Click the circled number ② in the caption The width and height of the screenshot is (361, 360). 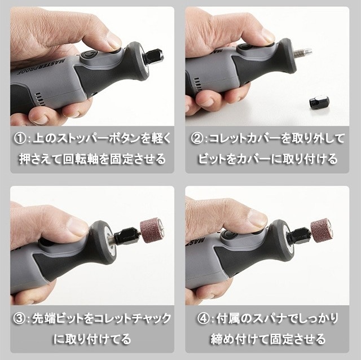point(197,139)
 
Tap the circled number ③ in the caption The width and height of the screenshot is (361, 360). point(20,319)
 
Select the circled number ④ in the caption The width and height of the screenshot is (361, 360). point(203,319)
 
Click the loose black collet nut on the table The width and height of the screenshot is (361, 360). point(317,104)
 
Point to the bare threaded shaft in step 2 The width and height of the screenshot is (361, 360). point(302,52)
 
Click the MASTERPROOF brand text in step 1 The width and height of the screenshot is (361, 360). point(41,67)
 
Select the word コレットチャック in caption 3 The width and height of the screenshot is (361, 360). point(132,319)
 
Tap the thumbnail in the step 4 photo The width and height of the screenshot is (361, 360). point(257,218)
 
